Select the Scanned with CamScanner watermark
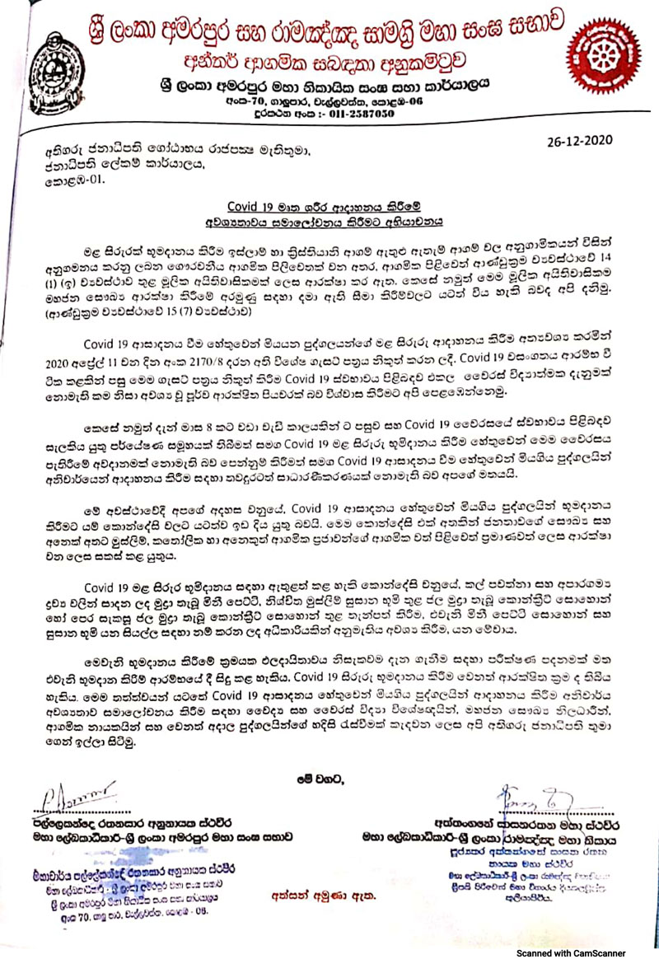[x=581, y=952]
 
